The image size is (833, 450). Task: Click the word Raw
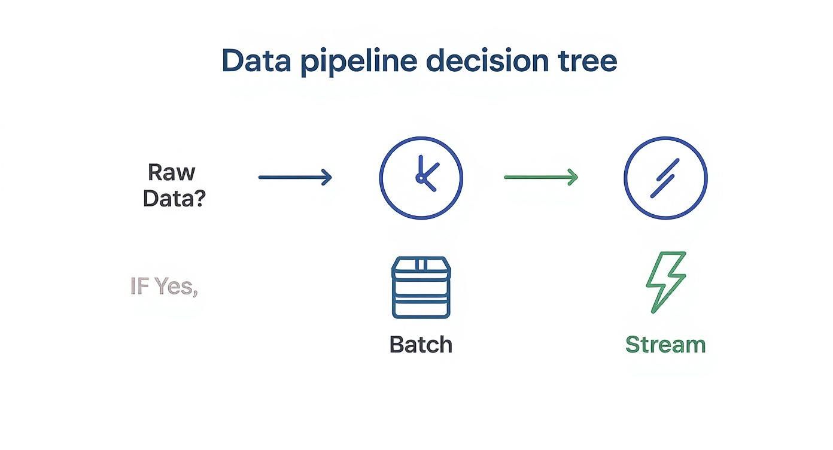point(171,172)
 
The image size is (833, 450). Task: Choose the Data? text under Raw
point(174,198)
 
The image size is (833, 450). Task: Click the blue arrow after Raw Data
point(294,177)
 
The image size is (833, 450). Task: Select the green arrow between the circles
point(540,177)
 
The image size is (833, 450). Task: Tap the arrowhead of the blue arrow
point(327,177)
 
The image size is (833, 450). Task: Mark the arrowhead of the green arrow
point(573,177)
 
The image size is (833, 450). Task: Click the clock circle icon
point(421,177)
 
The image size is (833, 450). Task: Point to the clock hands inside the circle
point(425,175)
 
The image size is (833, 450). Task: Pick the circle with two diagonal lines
point(665,178)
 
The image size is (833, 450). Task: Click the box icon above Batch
point(421,287)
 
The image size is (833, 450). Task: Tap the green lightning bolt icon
point(665,281)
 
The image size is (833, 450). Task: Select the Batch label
point(421,345)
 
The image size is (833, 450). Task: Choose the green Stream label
point(665,345)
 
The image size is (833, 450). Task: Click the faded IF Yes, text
point(164,286)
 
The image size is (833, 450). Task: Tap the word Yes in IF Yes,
point(175,286)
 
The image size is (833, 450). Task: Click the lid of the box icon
point(421,265)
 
